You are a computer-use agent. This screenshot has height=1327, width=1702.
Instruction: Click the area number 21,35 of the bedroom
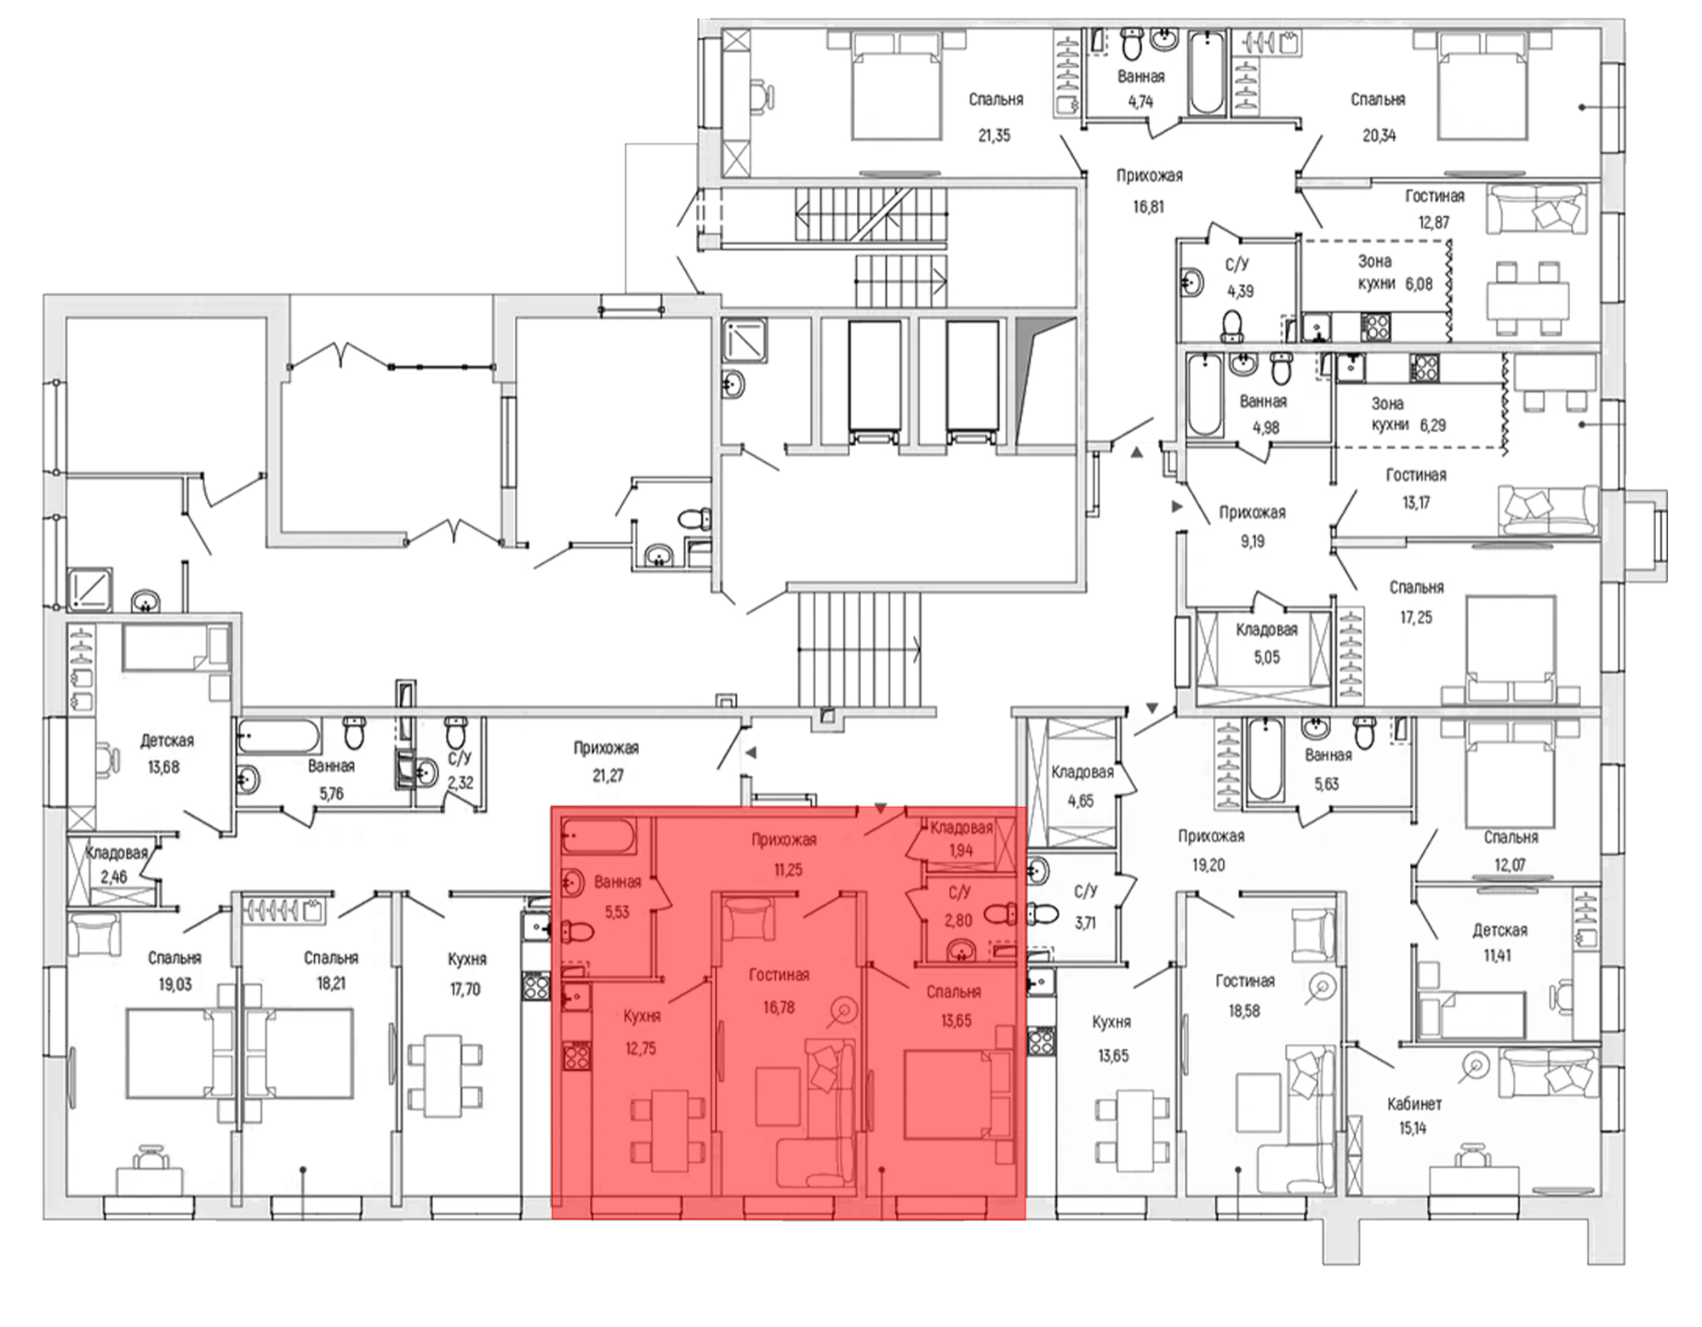994,135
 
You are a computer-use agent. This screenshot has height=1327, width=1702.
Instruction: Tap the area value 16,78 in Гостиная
779,1008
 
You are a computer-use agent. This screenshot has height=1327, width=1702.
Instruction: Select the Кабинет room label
1414,1104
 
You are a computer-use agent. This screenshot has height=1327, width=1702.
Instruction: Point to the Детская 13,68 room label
166,754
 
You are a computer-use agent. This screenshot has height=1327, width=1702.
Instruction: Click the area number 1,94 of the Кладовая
961,851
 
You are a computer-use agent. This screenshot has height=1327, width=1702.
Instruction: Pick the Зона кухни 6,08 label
1395,273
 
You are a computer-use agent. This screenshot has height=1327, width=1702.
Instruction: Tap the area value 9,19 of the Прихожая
1252,541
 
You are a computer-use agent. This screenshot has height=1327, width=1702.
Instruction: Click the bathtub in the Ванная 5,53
598,836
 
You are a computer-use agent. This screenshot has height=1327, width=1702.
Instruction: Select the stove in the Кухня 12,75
575,1056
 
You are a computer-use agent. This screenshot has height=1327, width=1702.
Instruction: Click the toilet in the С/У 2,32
457,732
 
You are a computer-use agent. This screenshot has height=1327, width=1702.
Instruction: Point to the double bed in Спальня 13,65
958,1095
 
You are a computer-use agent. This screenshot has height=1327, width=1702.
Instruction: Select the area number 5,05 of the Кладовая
1266,658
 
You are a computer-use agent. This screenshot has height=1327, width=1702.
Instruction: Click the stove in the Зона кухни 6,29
1425,367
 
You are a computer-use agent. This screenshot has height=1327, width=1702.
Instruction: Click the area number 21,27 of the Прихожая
608,776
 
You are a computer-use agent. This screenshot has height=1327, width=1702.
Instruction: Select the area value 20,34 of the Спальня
1379,135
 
